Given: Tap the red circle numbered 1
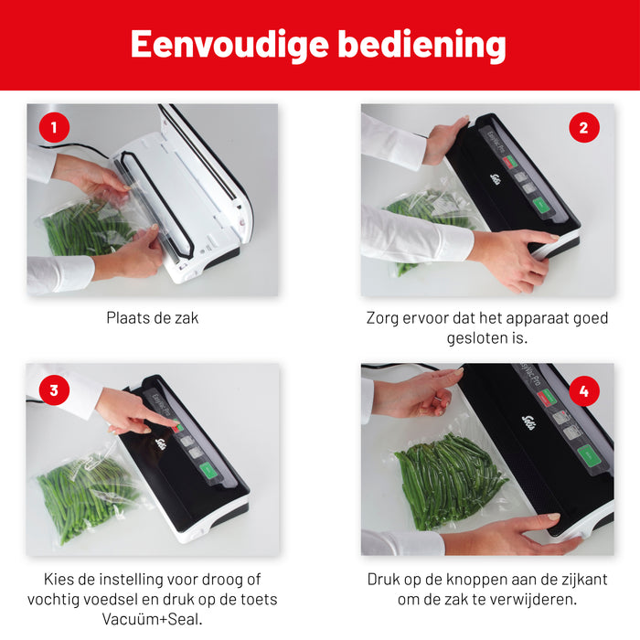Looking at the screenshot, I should coord(54,128).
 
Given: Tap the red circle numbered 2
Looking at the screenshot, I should coord(584,127).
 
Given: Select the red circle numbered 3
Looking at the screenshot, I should coord(54,390).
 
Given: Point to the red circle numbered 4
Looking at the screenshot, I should coord(584,390).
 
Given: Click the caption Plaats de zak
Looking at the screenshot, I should coord(153,319).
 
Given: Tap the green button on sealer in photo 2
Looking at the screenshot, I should coord(542,205).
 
